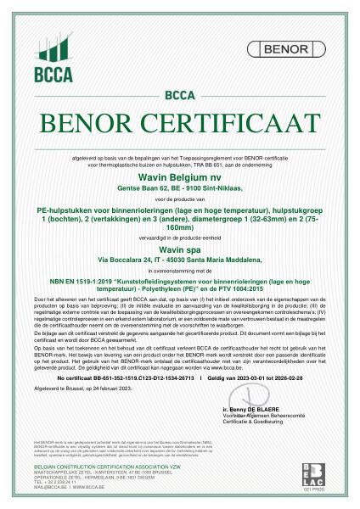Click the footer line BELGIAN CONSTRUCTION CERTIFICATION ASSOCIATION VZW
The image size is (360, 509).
coord(92,467)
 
